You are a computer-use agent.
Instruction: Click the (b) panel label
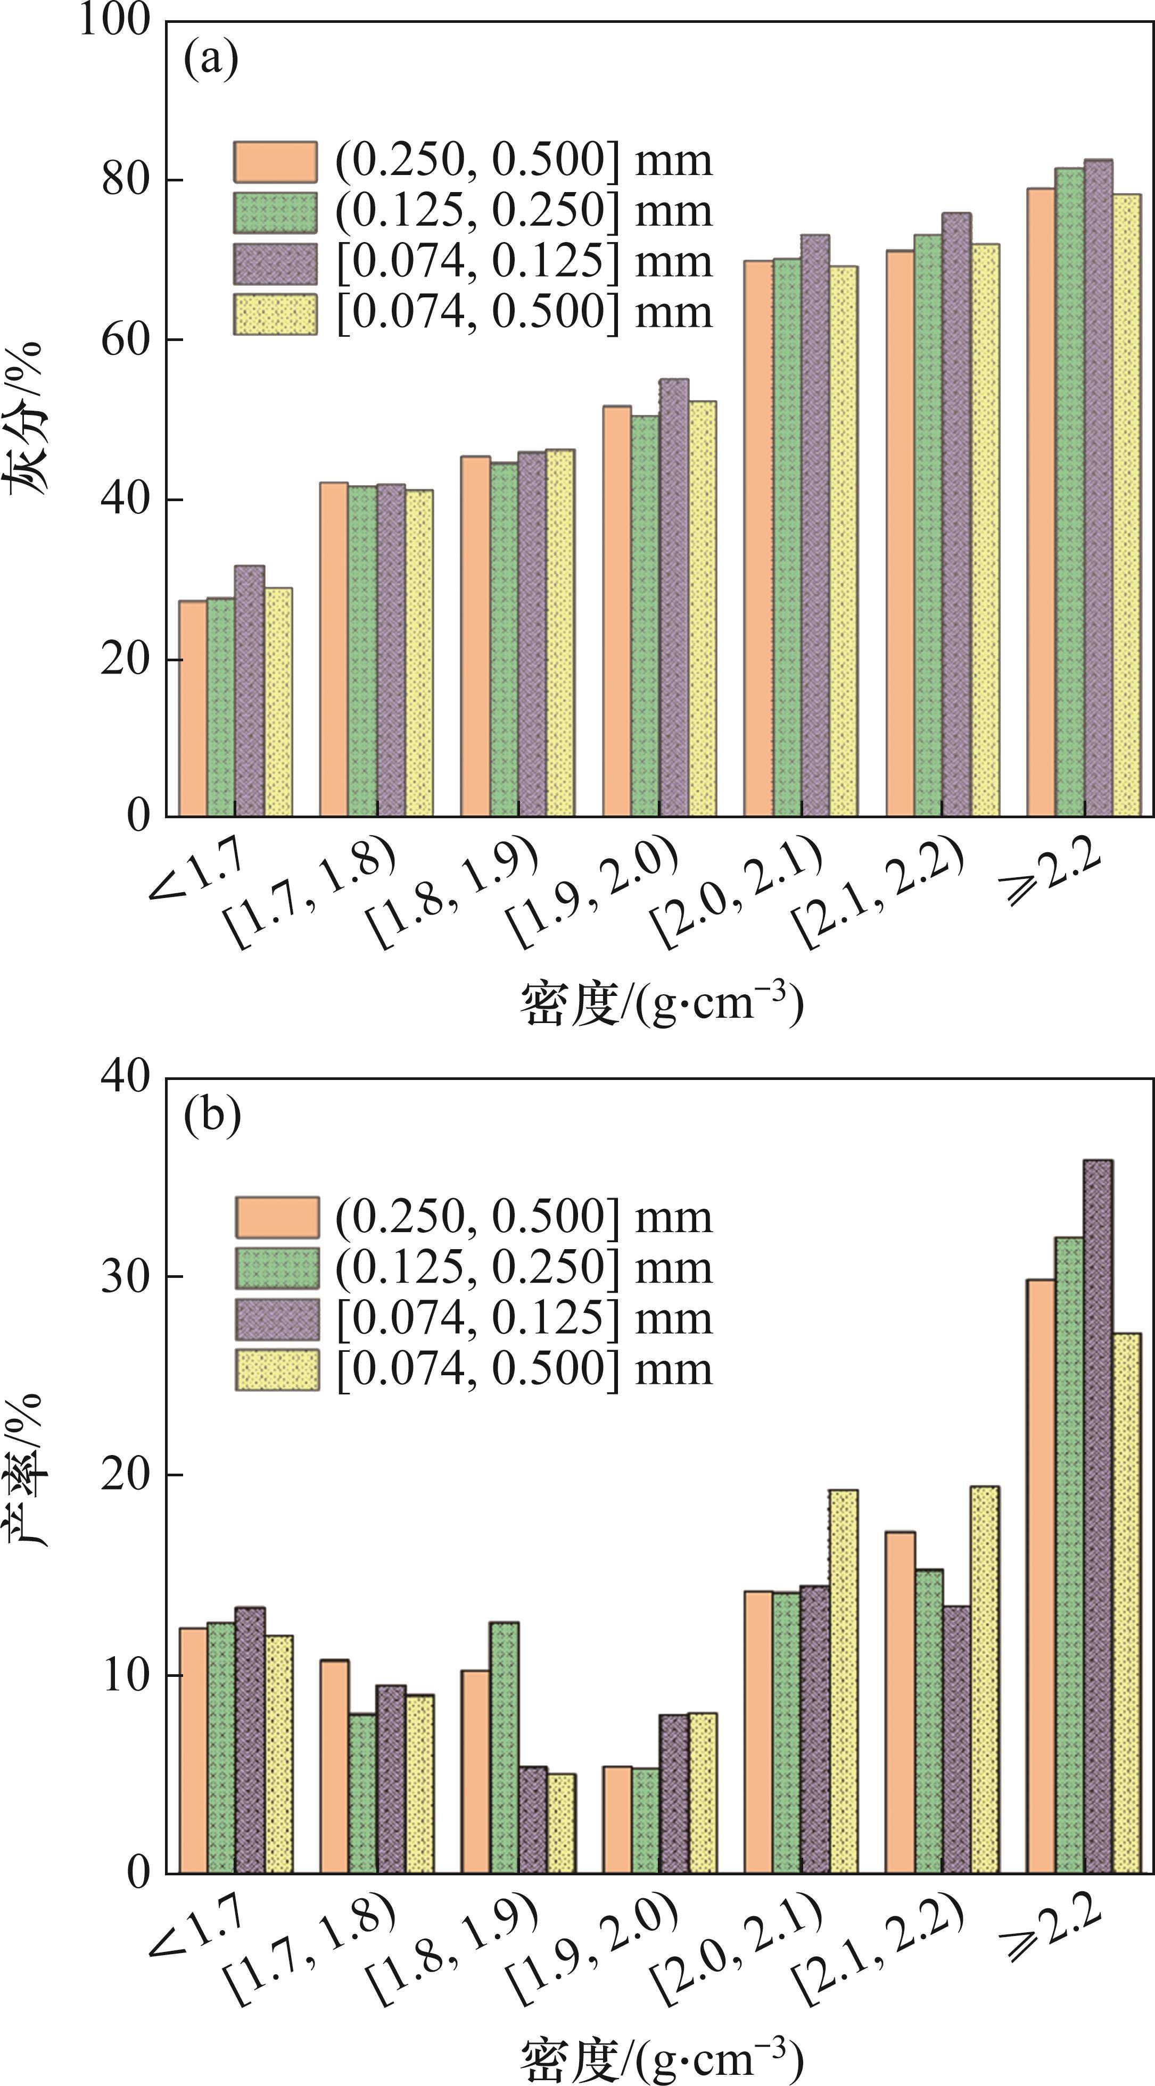click(x=212, y=1118)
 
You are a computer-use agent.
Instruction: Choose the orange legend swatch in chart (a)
click(x=275, y=162)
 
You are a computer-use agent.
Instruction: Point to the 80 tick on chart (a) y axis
click(x=126, y=180)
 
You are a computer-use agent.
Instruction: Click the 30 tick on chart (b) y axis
click(x=126, y=1277)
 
